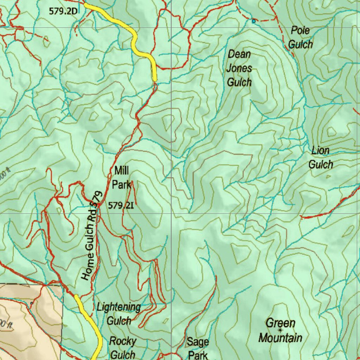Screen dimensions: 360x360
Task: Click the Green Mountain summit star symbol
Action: click(x=280, y=330)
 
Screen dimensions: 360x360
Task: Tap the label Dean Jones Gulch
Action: click(x=239, y=68)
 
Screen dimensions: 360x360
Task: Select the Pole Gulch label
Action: click(x=301, y=37)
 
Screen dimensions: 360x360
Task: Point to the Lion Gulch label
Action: click(x=321, y=157)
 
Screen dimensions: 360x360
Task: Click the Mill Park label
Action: click(x=121, y=178)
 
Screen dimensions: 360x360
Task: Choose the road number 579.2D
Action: click(x=63, y=11)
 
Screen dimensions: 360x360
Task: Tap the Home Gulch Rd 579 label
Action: click(x=91, y=236)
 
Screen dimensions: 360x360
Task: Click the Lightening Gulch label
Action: click(x=119, y=314)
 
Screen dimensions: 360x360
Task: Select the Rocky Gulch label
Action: click(x=122, y=348)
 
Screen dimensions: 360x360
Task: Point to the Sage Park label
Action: click(x=198, y=348)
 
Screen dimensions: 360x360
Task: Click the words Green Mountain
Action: click(x=280, y=330)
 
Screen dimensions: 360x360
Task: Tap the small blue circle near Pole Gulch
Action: click(x=254, y=21)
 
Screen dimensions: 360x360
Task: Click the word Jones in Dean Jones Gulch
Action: click(x=239, y=68)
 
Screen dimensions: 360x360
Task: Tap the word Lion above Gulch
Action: click(x=321, y=151)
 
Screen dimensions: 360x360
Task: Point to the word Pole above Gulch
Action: click(x=300, y=31)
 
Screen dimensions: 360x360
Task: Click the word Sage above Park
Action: click(x=198, y=341)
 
